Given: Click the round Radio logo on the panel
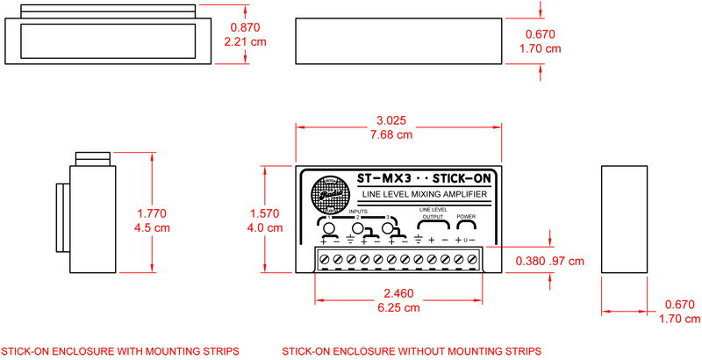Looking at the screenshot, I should click(332, 195).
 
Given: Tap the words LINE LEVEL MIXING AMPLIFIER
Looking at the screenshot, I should click(425, 194).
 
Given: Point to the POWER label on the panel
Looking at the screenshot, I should click(466, 216).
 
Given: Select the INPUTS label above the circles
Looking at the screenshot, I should click(358, 212).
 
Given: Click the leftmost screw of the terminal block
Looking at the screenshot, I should click(324, 259).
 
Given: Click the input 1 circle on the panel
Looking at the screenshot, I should click(329, 230).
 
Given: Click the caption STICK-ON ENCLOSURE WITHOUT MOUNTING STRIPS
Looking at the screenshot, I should click(412, 351).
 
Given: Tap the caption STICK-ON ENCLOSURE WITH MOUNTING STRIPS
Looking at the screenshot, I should click(120, 351).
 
